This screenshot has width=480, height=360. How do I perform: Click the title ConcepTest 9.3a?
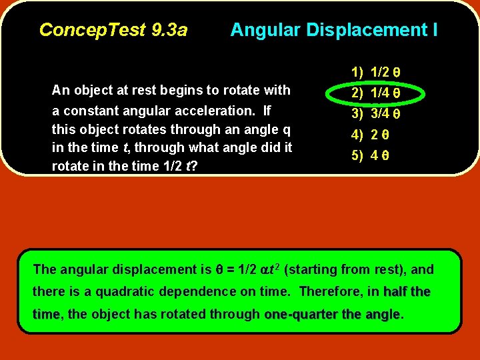point(113,30)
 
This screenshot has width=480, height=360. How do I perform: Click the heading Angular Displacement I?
point(334,30)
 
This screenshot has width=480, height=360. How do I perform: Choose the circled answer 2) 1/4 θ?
point(376,93)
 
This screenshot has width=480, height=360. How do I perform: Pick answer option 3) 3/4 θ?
point(376,114)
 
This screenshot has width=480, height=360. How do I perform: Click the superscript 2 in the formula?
point(277,266)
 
